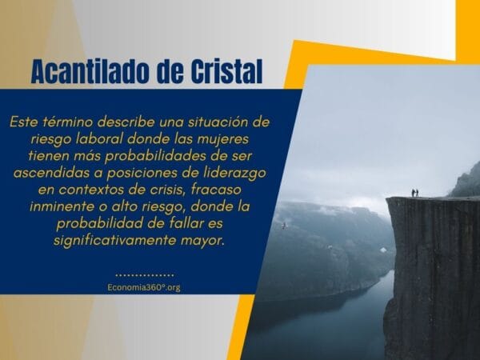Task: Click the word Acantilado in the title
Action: coord(90,72)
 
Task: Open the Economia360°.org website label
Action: coord(143,287)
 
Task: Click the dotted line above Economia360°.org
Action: coord(143,273)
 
